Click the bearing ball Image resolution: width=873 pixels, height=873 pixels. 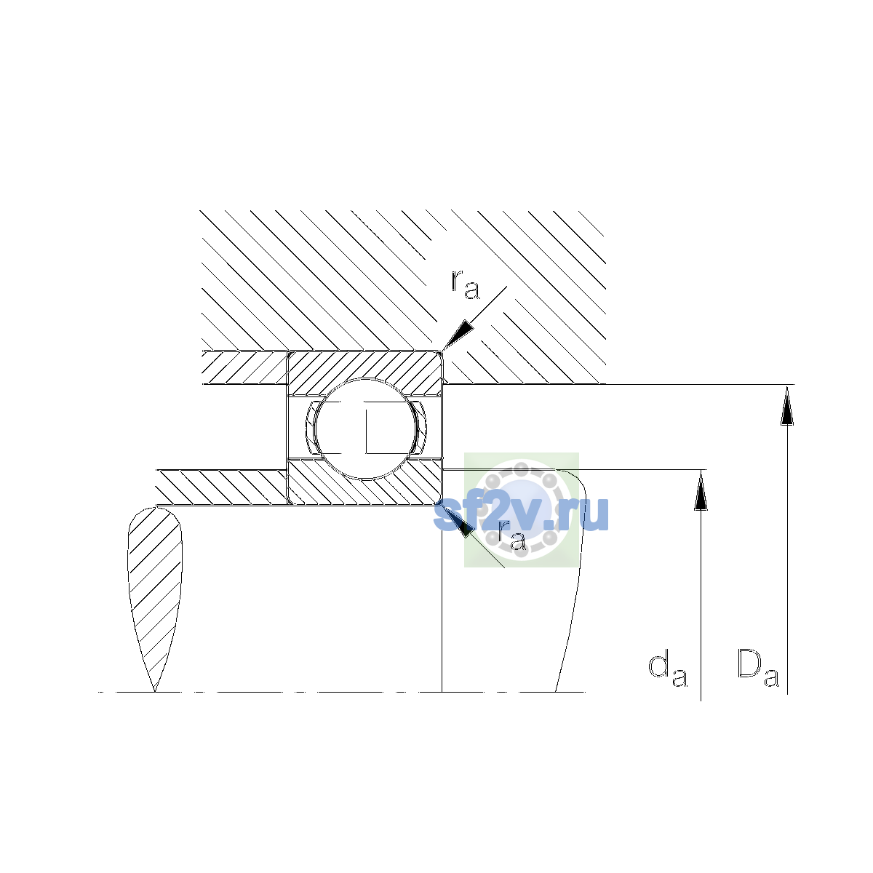tap(365, 428)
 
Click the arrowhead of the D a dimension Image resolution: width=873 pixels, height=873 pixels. tap(787, 405)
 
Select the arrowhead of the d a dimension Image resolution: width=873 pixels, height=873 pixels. tap(701, 490)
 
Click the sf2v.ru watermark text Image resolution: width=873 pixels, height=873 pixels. tap(521, 514)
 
